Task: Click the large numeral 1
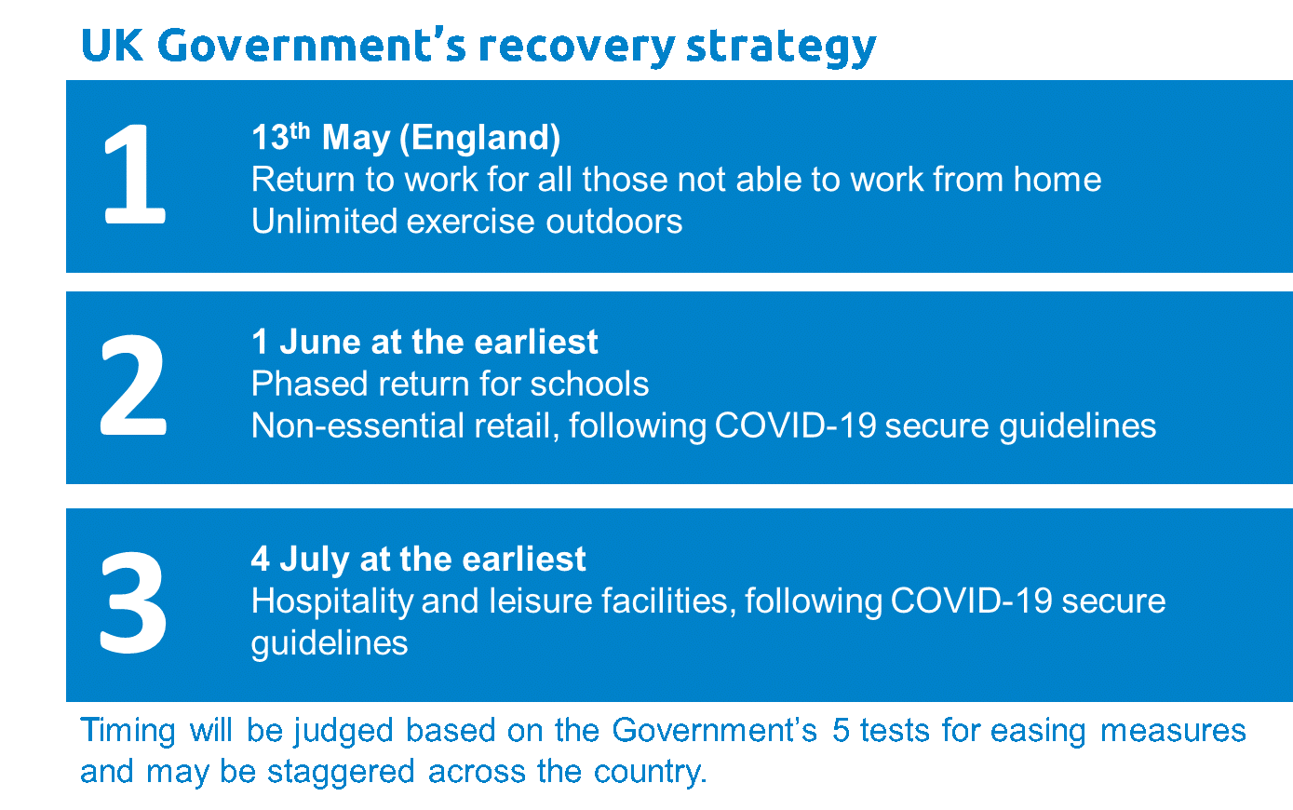pyautogui.click(x=134, y=173)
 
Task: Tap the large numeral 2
pyautogui.click(x=133, y=385)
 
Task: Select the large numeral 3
pyautogui.click(x=133, y=602)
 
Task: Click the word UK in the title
pyautogui.click(x=112, y=45)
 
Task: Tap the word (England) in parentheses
pyautogui.click(x=479, y=139)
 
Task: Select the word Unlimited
pyautogui.click(x=324, y=221)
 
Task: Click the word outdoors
pyautogui.click(x=614, y=221)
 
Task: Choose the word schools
pyautogui.click(x=589, y=384)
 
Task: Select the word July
pyautogui.click(x=315, y=560)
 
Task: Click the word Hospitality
pyautogui.click(x=332, y=602)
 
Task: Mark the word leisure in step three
pyautogui.click(x=540, y=601)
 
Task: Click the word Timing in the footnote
pyautogui.click(x=128, y=731)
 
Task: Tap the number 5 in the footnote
pyautogui.click(x=841, y=730)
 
